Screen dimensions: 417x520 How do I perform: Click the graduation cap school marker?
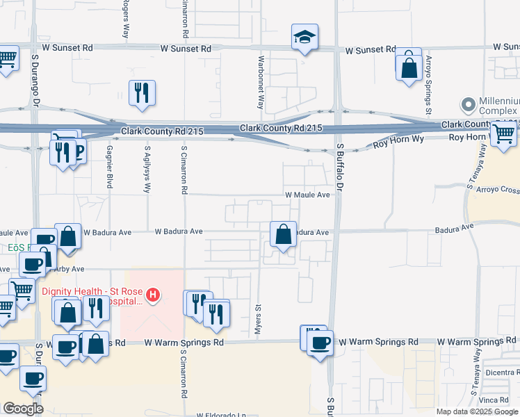point(304,38)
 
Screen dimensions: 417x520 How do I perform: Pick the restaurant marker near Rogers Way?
point(142,93)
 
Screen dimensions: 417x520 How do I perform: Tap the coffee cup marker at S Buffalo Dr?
point(320,342)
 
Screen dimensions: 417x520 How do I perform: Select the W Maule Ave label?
point(307,195)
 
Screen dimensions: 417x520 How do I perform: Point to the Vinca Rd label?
point(494,400)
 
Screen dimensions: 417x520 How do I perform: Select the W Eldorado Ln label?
point(222,415)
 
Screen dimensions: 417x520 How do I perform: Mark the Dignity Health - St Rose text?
point(90,292)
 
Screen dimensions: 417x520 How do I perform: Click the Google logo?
point(23,409)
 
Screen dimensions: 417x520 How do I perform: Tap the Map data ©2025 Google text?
point(476,411)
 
